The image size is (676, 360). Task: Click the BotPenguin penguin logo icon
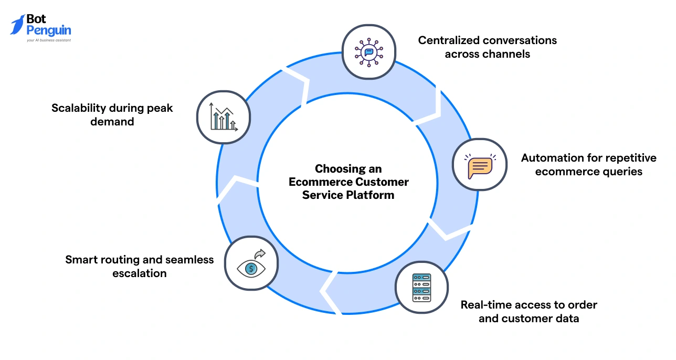click(x=17, y=25)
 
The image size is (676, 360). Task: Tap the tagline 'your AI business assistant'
click(x=48, y=40)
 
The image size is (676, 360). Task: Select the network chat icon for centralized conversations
click(x=368, y=52)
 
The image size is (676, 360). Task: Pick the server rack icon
click(x=421, y=288)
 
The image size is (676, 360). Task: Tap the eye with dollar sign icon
click(x=251, y=264)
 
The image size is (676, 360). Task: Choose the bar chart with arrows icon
click(x=223, y=117)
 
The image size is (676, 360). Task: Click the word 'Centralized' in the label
click(x=450, y=40)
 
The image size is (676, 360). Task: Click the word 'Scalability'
click(x=79, y=108)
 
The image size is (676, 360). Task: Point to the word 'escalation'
click(x=139, y=273)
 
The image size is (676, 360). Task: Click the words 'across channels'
click(x=487, y=54)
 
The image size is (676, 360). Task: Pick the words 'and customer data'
click(x=529, y=319)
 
